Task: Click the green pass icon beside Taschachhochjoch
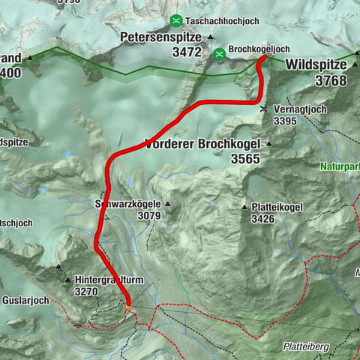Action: [x=175, y=20]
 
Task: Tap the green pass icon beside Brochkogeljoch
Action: [x=219, y=53]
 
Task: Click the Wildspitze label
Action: [x=316, y=65]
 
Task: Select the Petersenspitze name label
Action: [x=161, y=36]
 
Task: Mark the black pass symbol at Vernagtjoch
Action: [x=263, y=109]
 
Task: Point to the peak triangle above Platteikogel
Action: [x=244, y=207]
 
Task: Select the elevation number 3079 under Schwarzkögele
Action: [x=148, y=216]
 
